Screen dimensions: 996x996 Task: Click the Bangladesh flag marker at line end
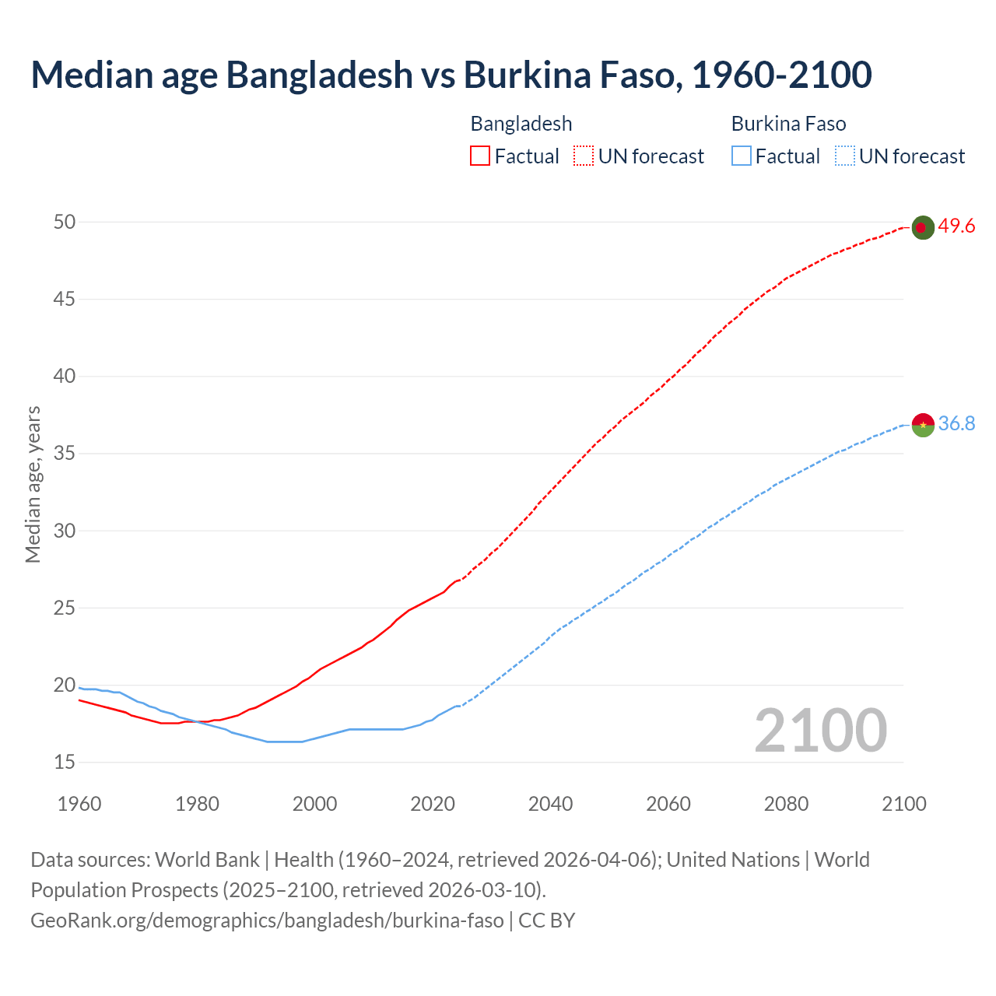pos(922,227)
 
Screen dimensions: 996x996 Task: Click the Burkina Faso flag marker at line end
pos(922,425)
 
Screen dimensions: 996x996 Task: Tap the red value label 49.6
pos(956,226)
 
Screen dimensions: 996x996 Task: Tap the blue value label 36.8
pos(956,424)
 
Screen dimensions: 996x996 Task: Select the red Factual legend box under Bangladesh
pos(480,156)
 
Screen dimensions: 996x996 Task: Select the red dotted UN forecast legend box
pos(584,156)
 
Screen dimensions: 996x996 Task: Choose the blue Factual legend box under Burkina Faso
pos(742,156)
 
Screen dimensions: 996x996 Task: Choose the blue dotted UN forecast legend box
pos(844,156)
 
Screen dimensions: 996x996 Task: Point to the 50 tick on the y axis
pos(65,223)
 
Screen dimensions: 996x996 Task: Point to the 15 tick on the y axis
pos(65,763)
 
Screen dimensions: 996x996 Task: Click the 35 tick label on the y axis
pos(65,454)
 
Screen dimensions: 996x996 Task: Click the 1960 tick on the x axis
pos(79,804)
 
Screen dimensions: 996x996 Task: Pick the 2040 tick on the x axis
pos(550,804)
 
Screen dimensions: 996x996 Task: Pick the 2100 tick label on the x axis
pos(904,804)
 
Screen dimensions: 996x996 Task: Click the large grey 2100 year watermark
pos(820,731)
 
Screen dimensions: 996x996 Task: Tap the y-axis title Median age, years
pos(33,484)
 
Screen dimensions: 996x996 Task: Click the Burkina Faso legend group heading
pos(788,124)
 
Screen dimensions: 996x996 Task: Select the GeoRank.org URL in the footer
pos(267,921)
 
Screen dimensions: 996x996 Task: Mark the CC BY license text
pos(547,921)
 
